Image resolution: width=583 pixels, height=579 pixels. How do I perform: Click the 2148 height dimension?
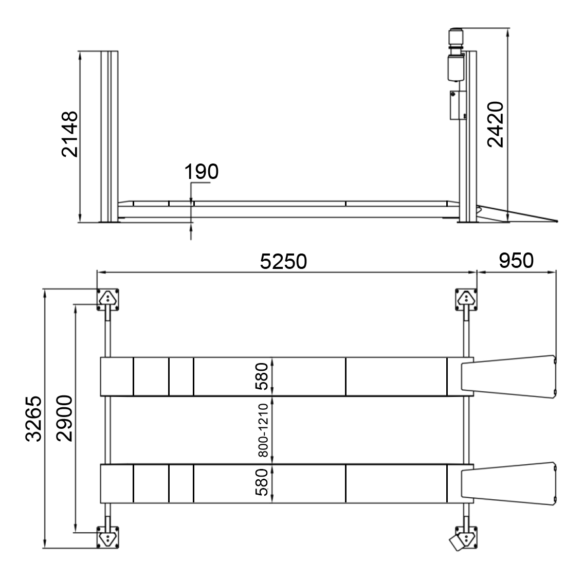click(x=70, y=134)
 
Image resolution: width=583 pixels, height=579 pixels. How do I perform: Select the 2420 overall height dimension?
click(x=496, y=124)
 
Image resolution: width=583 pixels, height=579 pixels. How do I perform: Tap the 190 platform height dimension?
click(x=202, y=172)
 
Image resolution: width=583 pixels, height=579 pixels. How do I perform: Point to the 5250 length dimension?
click(x=283, y=261)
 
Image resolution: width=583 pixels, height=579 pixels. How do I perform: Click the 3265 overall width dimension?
click(x=34, y=419)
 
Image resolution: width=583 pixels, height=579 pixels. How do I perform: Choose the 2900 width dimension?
click(x=65, y=419)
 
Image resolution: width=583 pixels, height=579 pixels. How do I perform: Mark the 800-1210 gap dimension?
click(x=263, y=430)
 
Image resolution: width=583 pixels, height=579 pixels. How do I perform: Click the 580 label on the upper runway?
click(x=262, y=376)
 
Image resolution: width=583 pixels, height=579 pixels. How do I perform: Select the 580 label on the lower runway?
click(x=262, y=482)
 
